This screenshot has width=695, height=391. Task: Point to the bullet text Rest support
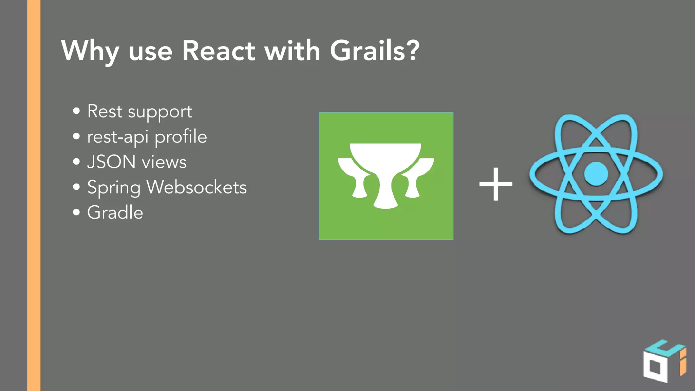click(x=139, y=112)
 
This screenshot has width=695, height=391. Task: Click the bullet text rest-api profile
click(x=147, y=137)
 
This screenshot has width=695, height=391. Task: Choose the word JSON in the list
click(x=111, y=162)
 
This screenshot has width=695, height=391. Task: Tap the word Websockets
click(x=196, y=187)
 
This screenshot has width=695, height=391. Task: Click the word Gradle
click(x=115, y=213)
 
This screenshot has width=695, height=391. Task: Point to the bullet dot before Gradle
click(x=76, y=212)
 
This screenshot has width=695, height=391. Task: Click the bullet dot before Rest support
click(x=76, y=111)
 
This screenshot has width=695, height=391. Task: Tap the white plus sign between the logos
click(x=496, y=184)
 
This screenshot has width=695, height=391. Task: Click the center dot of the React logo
click(x=596, y=174)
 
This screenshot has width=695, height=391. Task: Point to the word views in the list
click(x=164, y=162)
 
